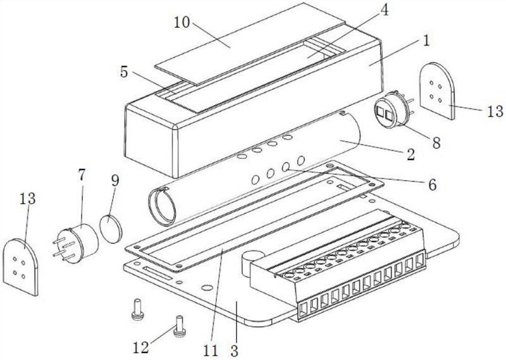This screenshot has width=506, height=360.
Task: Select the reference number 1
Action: click(x=426, y=40)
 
